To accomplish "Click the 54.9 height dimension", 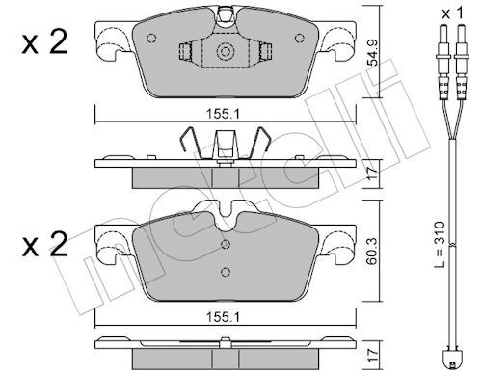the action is pos(373,52).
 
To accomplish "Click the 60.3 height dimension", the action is pos(373,252).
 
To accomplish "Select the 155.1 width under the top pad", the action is pos(223,114).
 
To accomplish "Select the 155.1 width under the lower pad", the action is pos(223,317).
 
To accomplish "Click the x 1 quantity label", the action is pos(453,13).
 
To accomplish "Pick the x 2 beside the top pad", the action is pos(45,42).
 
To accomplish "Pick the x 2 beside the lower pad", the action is pos(45,245).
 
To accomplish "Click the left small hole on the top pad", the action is pos(151,39).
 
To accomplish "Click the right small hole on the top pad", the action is pos(300,39).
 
